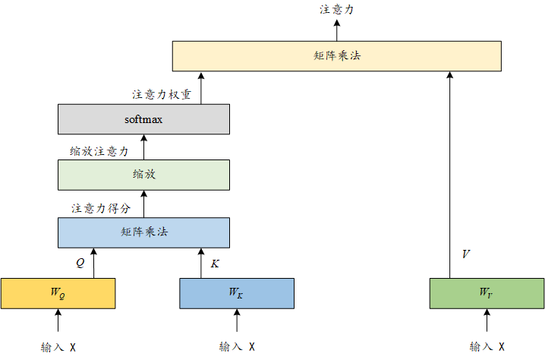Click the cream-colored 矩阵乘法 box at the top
[337, 56]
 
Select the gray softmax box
[143, 119]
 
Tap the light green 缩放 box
[143, 174]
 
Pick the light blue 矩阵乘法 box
[143, 232]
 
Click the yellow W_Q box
[58, 292]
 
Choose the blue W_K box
[237, 292]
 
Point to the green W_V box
[487, 292]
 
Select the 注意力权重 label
[162, 96]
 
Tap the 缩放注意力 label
[99, 151]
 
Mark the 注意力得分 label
[101, 207]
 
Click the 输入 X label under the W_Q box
[58, 347]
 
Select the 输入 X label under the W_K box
[237, 347]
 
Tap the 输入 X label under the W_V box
[487, 347]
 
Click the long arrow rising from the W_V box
[450, 175]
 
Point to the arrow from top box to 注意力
[337, 30]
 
